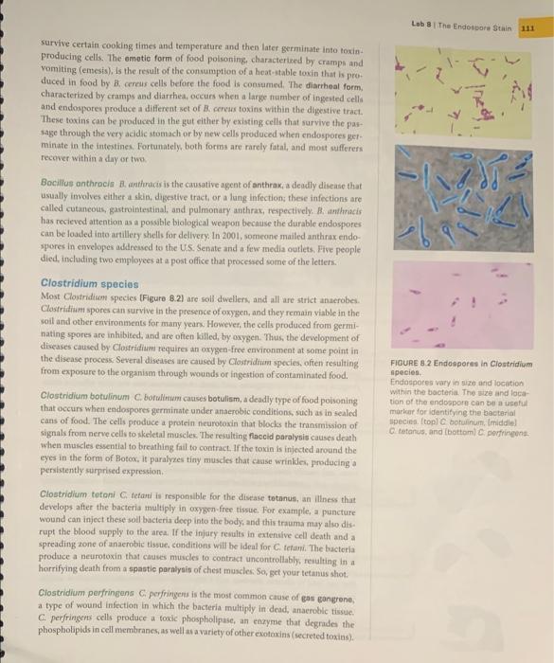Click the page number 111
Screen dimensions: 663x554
click(x=527, y=29)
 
